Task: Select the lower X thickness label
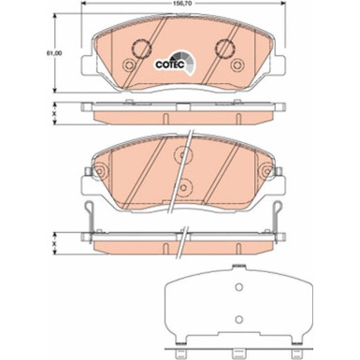pos(58,244)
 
